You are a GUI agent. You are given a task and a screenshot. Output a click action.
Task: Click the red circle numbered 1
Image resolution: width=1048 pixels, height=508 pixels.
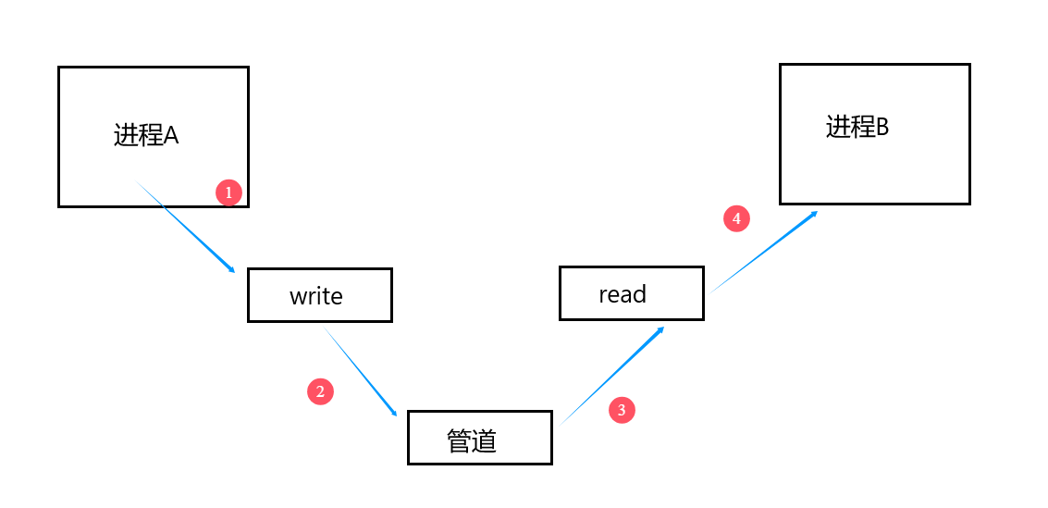[x=228, y=193]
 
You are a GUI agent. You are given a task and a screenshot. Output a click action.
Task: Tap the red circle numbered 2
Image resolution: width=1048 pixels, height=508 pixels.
[x=320, y=391]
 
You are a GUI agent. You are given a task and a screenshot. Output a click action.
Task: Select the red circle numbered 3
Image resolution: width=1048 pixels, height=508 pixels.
[x=622, y=410]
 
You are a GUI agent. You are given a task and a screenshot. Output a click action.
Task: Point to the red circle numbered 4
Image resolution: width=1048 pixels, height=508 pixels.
[x=736, y=218]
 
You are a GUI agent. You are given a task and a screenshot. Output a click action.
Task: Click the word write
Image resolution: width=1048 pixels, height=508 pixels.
[x=316, y=296]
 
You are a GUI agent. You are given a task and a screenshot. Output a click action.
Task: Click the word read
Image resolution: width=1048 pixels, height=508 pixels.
[x=623, y=294]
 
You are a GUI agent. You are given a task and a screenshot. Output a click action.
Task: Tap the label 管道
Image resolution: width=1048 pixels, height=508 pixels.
[x=472, y=440]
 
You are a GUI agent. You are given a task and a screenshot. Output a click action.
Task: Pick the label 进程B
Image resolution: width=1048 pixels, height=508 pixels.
[x=857, y=127]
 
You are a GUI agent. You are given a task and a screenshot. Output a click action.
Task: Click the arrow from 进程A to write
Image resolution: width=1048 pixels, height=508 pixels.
[x=185, y=226]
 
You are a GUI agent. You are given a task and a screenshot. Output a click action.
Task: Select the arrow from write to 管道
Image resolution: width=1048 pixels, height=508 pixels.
[x=361, y=372]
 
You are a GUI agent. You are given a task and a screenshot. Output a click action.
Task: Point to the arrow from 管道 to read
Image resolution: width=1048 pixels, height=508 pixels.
[x=612, y=376]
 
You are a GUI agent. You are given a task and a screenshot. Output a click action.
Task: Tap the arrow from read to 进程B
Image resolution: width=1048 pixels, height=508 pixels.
[x=764, y=252]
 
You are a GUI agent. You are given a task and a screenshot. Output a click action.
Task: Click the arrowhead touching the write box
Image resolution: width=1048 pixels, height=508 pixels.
[x=232, y=270]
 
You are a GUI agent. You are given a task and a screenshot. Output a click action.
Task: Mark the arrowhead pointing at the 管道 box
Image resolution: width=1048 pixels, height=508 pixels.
[x=394, y=413]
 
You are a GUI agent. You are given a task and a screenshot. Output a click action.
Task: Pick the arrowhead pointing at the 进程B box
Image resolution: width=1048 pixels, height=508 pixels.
[x=814, y=214]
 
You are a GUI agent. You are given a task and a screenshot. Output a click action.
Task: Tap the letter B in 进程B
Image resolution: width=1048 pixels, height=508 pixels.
[x=882, y=127]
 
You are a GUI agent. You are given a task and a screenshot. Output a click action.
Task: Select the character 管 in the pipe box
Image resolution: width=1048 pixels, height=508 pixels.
[x=459, y=440]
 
